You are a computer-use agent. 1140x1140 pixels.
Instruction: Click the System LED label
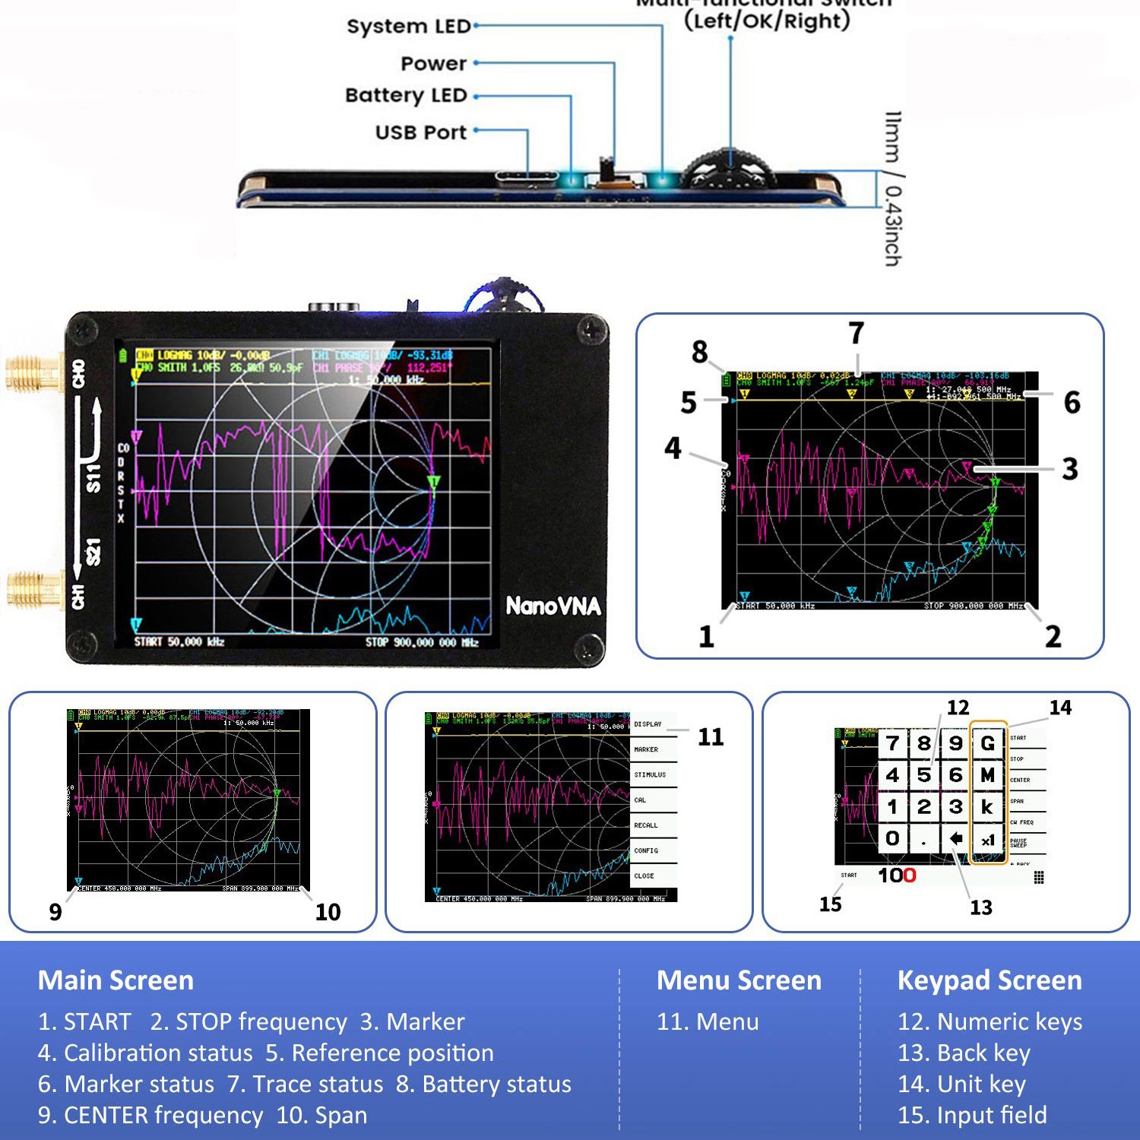click(x=408, y=26)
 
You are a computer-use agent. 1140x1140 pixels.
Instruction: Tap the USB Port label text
click(x=420, y=132)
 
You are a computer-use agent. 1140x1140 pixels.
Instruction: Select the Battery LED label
click(x=406, y=95)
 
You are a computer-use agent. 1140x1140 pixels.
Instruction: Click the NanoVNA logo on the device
click(x=553, y=606)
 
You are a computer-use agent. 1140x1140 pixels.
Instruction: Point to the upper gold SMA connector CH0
click(x=34, y=372)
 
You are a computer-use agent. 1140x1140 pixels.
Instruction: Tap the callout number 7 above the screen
click(x=857, y=333)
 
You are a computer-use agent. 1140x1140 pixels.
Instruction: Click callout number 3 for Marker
click(x=1070, y=468)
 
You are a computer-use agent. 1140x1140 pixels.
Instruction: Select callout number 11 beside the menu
click(x=711, y=736)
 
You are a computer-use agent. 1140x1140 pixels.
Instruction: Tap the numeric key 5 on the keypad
click(x=924, y=775)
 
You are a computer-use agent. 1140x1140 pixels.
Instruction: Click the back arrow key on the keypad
click(x=956, y=838)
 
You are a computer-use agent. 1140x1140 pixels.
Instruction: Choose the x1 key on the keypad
click(x=987, y=840)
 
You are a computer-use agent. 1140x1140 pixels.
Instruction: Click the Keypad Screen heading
click(x=989, y=980)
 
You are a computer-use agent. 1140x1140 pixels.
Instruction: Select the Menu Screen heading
click(x=739, y=980)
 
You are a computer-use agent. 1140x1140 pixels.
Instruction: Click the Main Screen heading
click(x=116, y=980)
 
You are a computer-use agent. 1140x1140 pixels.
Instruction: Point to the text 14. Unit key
click(x=961, y=1084)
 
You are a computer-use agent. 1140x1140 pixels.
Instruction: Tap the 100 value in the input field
click(x=897, y=876)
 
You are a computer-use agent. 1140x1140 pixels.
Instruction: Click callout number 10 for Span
click(x=328, y=911)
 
